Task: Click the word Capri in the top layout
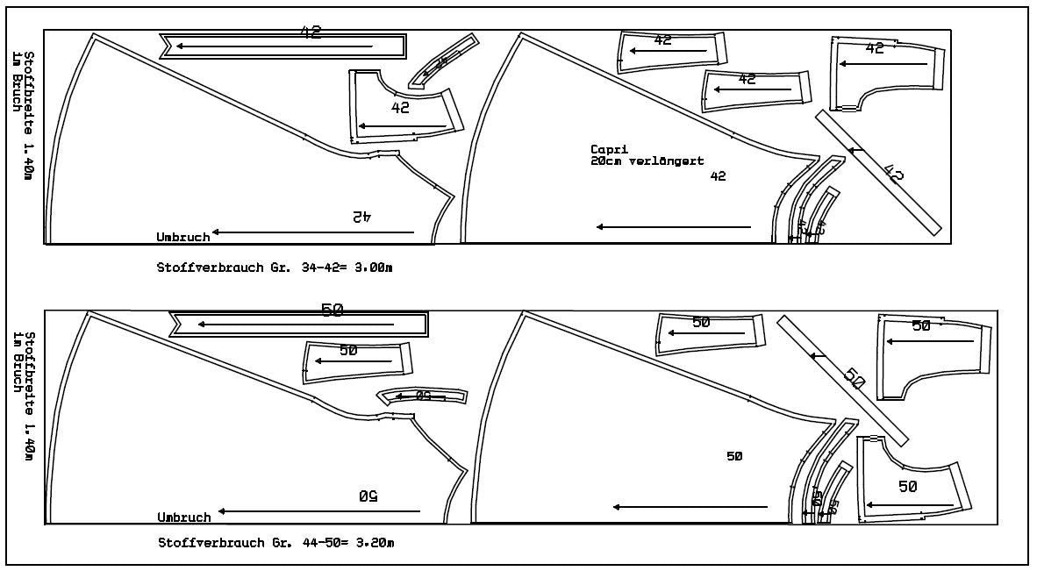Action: tap(610, 150)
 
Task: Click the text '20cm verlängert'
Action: tap(647, 161)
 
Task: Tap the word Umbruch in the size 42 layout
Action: tap(182, 237)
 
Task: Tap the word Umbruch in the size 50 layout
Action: tap(184, 517)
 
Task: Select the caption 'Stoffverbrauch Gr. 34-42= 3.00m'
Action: tap(275, 267)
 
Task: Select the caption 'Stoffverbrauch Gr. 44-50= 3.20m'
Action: tap(275, 543)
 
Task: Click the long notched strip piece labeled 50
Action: tap(298, 324)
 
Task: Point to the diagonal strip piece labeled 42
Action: tap(877, 173)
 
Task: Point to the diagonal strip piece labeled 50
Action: tap(842, 380)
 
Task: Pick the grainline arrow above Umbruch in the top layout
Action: tap(312, 232)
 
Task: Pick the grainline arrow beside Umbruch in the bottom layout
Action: tap(319, 510)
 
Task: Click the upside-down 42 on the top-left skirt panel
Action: tap(361, 216)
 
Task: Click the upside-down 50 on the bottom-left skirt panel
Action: tap(368, 496)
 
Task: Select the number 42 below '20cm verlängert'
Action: tap(718, 176)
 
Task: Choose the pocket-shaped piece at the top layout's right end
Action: tap(886, 75)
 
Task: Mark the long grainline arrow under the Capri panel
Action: tap(674, 227)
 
